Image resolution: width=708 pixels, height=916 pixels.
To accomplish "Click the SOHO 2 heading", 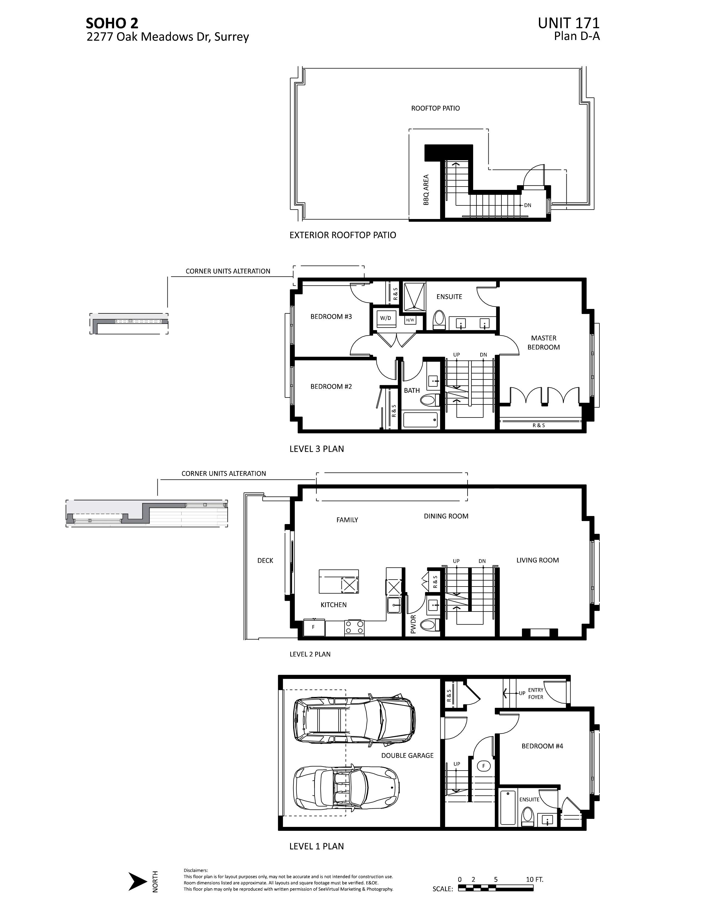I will coord(112,23).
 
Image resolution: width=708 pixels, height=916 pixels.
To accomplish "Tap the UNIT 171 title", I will coord(568,23).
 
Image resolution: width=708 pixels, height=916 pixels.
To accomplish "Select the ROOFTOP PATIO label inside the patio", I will coord(435,108).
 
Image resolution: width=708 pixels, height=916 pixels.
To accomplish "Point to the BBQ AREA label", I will coord(426,190).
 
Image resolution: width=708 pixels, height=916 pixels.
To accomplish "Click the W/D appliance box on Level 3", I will coord(385,319).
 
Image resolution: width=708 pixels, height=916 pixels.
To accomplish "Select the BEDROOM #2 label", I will coord(331,386).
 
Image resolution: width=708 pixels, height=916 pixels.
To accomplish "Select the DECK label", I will coord(265,560).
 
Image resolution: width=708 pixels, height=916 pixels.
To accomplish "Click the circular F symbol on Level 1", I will coord(484,766).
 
